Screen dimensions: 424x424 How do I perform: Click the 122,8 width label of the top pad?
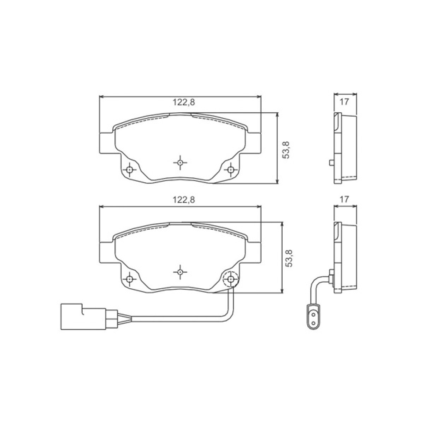coord(184,102)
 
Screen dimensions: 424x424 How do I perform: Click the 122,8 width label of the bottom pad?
coord(184,200)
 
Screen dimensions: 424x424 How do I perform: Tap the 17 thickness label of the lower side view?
coord(344,200)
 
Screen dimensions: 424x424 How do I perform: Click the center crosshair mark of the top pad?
coord(180,162)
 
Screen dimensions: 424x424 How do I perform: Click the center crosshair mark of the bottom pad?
coord(180,272)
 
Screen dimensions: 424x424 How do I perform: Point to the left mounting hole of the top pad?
coord(130,170)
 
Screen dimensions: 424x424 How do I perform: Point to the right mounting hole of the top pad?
coord(231,170)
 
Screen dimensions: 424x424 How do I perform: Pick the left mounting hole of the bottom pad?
coord(130,279)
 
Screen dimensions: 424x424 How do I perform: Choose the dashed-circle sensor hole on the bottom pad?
coord(231,279)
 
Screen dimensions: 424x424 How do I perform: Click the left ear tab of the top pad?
coord(106,143)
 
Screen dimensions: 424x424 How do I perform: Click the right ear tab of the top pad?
coord(254,143)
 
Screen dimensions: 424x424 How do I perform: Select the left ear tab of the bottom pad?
coord(106,252)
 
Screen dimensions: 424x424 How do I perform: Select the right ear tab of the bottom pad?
coord(254,252)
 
